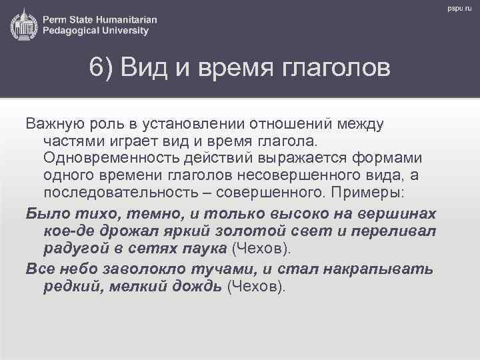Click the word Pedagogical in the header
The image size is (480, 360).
pyautogui.click(x=73, y=31)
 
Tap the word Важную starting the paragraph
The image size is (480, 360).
pyautogui.click(x=53, y=124)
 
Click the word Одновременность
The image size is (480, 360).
pyautogui.click(x=110, y=158)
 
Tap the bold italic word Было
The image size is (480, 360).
pyautogui.click(x=43, y=214)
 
